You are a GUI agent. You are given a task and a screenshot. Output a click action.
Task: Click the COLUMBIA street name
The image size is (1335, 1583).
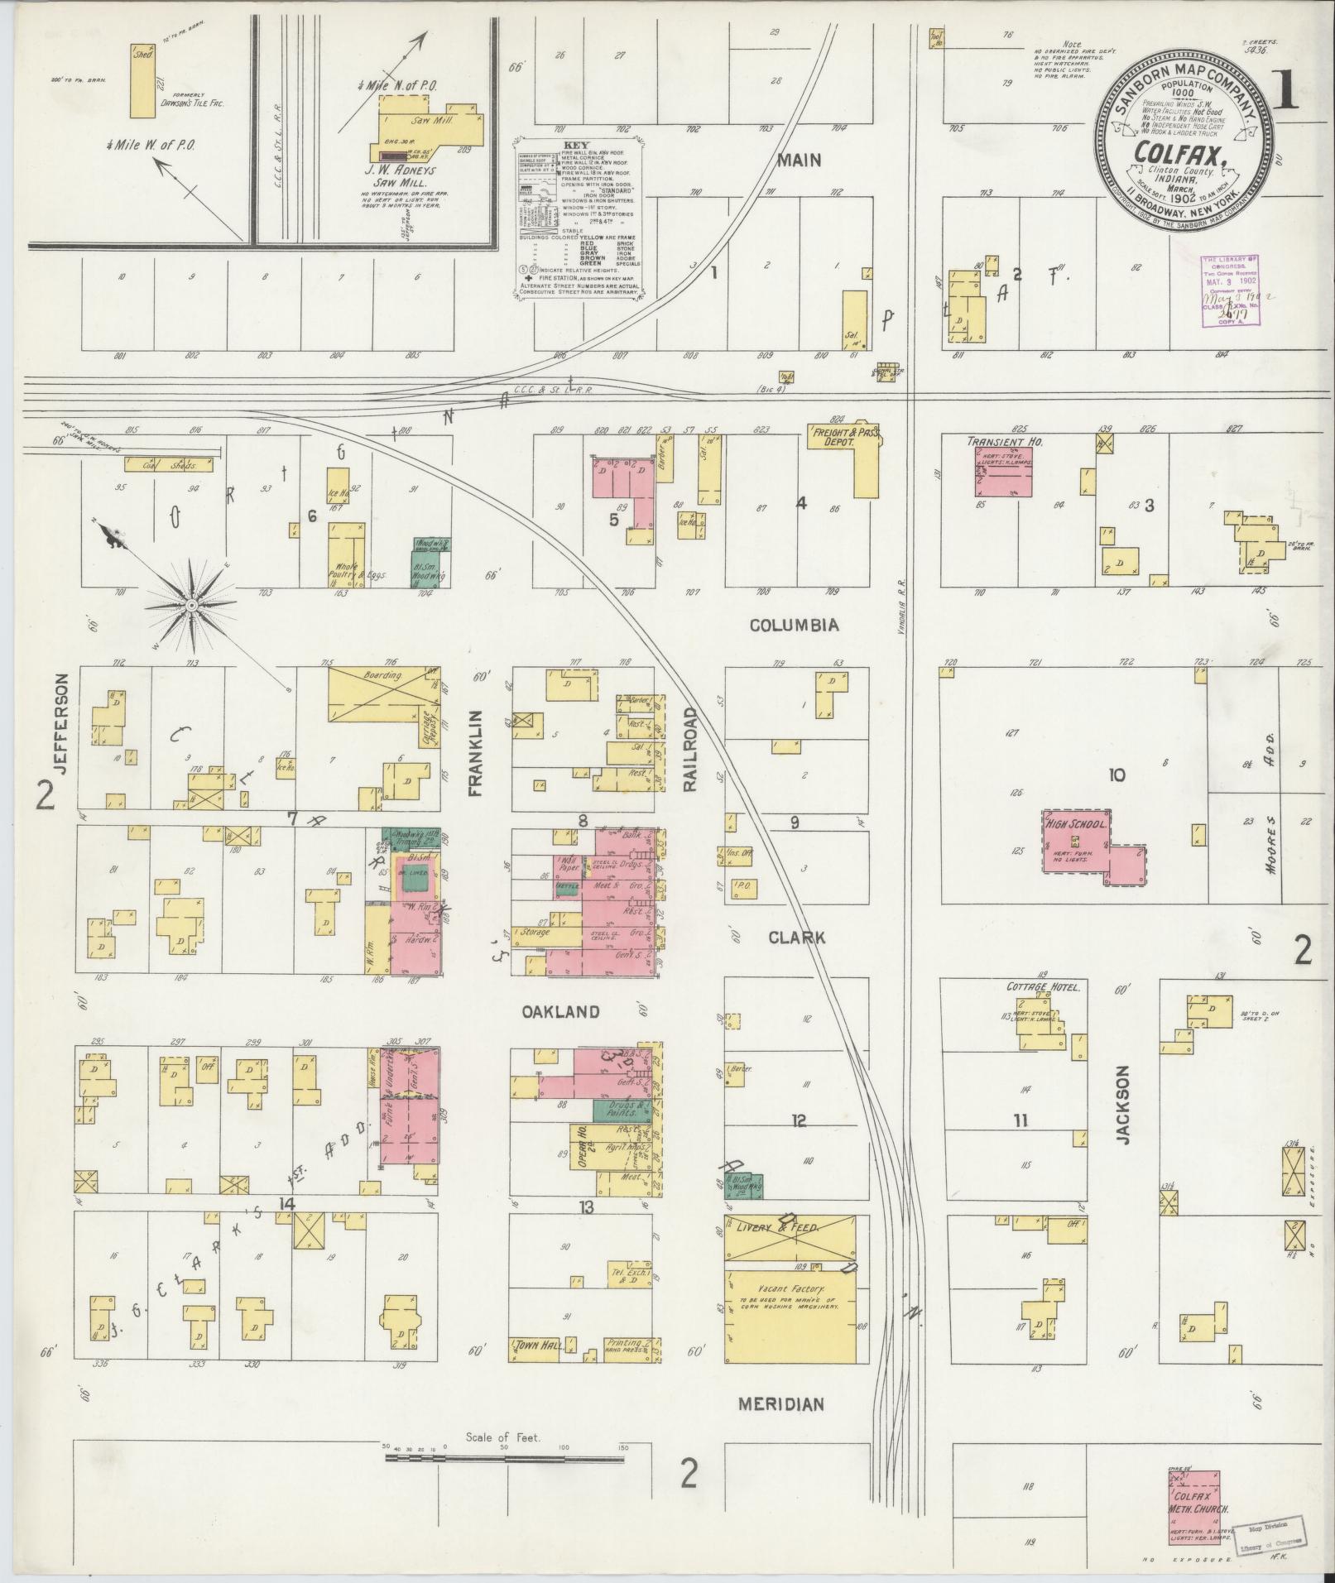pos(794,626)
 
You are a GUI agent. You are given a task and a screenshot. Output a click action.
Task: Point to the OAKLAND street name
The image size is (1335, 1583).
pos(560,1012)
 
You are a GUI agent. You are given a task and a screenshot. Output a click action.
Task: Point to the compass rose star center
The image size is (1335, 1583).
pos(192,606)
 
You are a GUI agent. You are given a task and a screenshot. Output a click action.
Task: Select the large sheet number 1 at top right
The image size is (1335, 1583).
pos(1286,94)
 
